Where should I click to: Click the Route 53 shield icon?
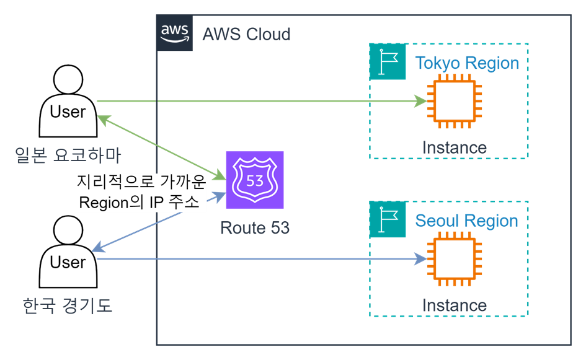[x=255, y=180]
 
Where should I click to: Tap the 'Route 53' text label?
[x=255, y=227]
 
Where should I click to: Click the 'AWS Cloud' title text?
[x=246, y=33]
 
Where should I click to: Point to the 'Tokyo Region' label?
[x=467, y=63]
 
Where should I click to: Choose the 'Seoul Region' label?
[x=466, y=221]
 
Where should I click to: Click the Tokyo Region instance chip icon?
[x=455, y=101]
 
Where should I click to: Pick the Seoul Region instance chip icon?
[x=455, y=259]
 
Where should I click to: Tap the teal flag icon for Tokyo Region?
[x=388, y=62]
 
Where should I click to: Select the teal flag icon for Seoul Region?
[x=388, y=220]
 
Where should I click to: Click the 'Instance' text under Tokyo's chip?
[x=455, y=147]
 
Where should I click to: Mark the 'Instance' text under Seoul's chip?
[x=455, y=305]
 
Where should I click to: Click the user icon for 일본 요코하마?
[x=68, y=102]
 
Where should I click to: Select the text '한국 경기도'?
[x=68, y=305]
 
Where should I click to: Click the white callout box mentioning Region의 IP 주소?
[x=141, y=193]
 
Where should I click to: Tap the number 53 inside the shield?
[x=255, y=181]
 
